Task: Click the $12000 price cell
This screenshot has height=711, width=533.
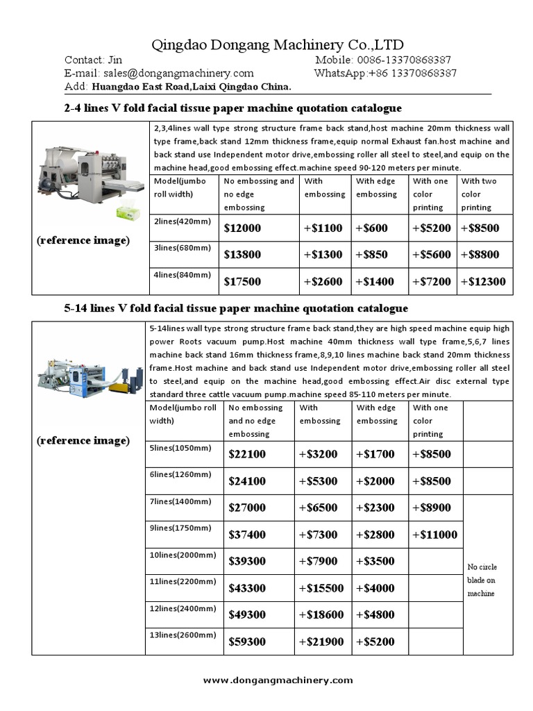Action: coord(242,228)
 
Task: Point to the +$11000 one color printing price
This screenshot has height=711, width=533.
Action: coord(434,535)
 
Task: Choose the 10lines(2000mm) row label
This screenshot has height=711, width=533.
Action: coord(183,555)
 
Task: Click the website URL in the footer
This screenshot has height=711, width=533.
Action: coord(278,680)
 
